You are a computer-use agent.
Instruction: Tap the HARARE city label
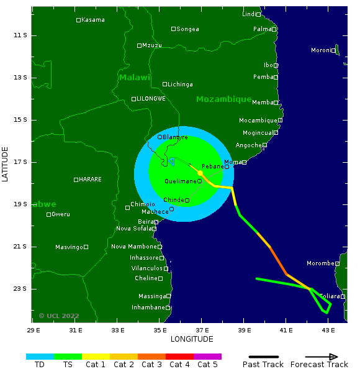(x=90, y=180)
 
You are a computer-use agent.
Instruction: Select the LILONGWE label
(x=151, y=99)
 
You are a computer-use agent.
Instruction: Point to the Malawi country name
(x=135, y=78)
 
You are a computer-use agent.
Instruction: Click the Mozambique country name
(x=223, y=99)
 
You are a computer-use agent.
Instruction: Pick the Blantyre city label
(x=175, y=137)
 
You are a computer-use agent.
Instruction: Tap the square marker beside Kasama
(x=78, y=20)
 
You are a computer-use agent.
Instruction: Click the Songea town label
(x=187, y=29)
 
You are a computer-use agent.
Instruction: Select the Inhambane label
(x=148, y=308)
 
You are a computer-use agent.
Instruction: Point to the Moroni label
(x=322, y=50)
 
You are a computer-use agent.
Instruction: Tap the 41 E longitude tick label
(x=286, y=329)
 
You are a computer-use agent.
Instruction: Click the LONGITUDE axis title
(x=192, y=339)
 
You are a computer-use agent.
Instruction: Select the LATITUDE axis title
(x=6, y=164)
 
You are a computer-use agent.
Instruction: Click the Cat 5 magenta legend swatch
(x=207, y=357)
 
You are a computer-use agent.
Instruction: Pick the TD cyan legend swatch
(x=40, y=357)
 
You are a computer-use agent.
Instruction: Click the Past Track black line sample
(x=263, y=357)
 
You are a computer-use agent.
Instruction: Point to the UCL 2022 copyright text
(x=59, y=316)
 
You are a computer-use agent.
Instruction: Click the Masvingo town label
(x=69, y=247)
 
